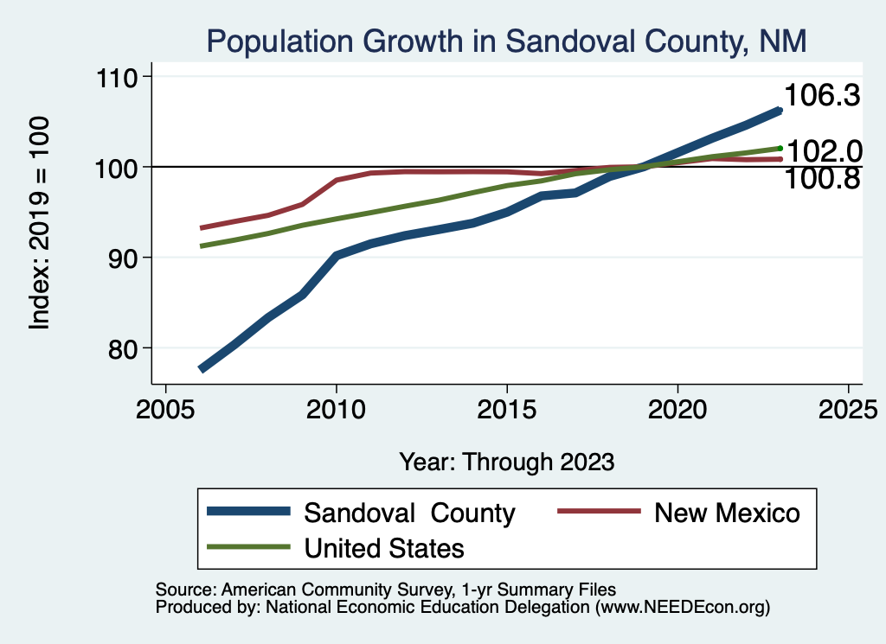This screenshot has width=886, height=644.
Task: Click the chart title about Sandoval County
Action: [x=505, y=41]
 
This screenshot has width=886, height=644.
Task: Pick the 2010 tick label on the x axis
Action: [x=336, y=408]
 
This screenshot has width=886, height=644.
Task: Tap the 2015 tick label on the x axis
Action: [x=506, y=408]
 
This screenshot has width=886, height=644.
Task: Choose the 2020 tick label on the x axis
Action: [x=677, y=408]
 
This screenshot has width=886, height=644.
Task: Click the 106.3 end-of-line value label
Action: [x=821, y=96]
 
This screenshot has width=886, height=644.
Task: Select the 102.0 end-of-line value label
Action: [x=825, y=152]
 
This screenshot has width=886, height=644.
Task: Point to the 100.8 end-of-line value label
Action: [x=821, y=179]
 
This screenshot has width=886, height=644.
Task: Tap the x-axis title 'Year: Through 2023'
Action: [x=506, y=462]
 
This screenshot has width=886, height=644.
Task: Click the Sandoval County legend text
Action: [x=409, y=513]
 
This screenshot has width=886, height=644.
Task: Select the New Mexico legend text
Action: [x=727, y=513]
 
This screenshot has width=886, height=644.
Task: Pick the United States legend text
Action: [x=384, y=548]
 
